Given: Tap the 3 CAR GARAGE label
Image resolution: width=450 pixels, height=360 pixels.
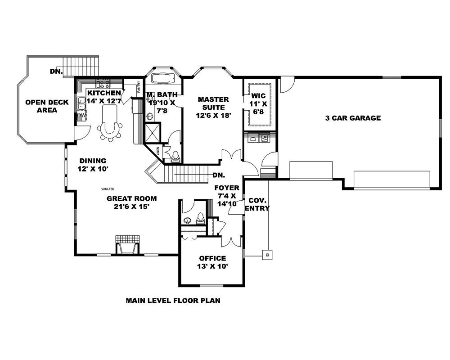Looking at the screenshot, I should point(353,118).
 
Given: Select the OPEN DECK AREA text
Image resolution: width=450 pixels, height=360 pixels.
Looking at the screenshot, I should point(47,106).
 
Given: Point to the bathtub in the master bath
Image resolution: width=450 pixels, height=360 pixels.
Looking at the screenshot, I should point(163,78).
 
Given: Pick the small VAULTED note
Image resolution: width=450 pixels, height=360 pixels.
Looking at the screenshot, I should point(108,189).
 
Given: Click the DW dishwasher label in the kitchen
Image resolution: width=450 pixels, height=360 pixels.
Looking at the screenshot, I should point(81,117).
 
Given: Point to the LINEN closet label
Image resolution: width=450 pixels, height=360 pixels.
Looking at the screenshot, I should point(158,153).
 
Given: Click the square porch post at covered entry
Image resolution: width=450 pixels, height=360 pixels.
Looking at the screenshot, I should point(267,254).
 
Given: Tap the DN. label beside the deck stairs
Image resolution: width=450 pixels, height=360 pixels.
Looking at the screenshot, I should point(56,72).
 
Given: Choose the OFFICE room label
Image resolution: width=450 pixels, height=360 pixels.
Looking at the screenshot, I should point(212,258).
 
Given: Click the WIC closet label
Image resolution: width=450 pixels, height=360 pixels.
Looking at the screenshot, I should point(258,96).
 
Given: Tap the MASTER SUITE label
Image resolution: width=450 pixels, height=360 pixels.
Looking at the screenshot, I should point(213,103).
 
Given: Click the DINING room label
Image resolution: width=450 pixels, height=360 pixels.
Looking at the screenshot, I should point(93,161).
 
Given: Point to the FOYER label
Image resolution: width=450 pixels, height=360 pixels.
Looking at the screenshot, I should point(227,188).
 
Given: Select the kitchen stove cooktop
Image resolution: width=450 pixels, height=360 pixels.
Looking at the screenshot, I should point(103,84).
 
